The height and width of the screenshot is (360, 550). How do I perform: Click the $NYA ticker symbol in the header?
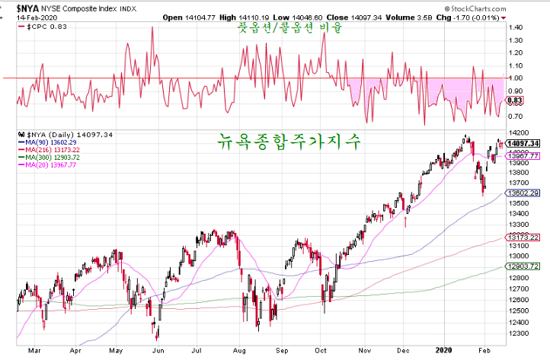pos(17,7)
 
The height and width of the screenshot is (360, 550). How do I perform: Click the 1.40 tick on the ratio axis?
pos(516,27)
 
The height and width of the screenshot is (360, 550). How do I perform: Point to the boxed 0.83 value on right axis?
pos(516,100)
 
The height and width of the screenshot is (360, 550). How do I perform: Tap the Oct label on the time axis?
pos(321,352)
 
